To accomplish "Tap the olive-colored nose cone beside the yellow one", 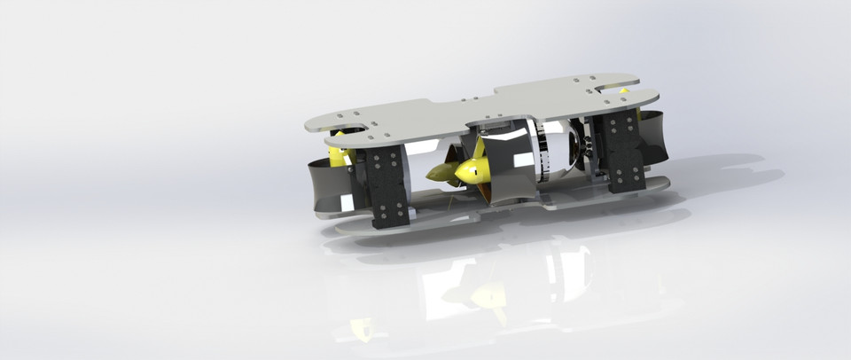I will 441,171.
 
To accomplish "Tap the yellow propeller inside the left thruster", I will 338,158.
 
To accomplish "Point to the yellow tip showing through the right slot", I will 624,90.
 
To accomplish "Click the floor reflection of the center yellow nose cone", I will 484,293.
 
